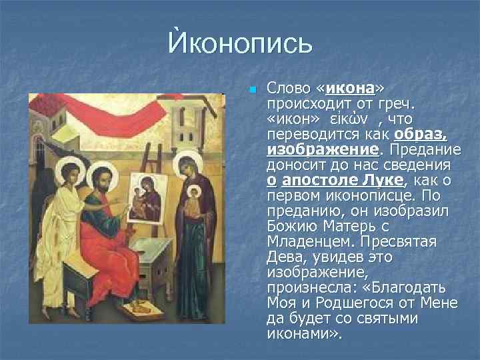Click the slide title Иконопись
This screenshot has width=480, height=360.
239,45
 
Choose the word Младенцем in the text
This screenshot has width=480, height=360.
306,241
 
